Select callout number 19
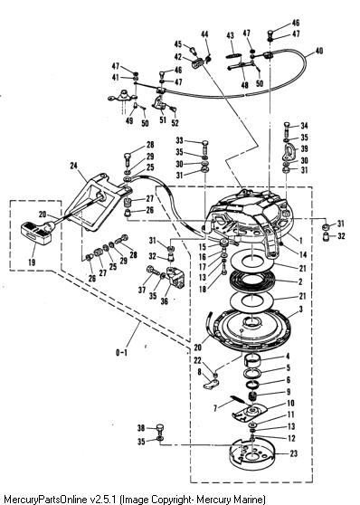[x=32, y=262]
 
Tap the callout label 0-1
[x=121, y=352]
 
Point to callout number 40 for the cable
[x=318, y=51]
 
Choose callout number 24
[x=74, y=166]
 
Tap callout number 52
[x=175, y=123]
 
